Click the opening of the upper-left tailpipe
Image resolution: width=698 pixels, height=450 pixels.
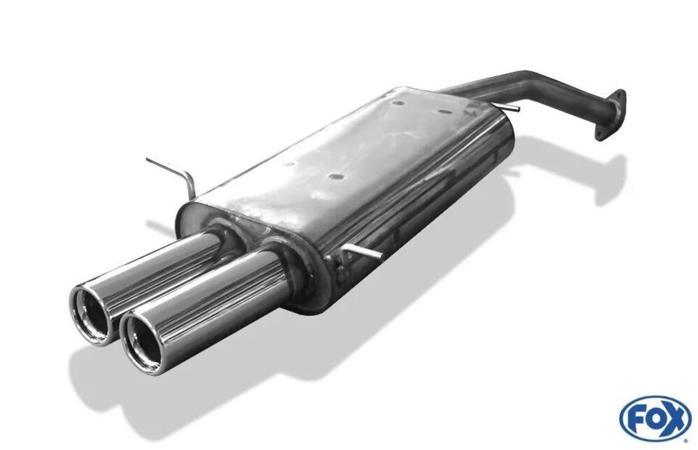tap(92, 313)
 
